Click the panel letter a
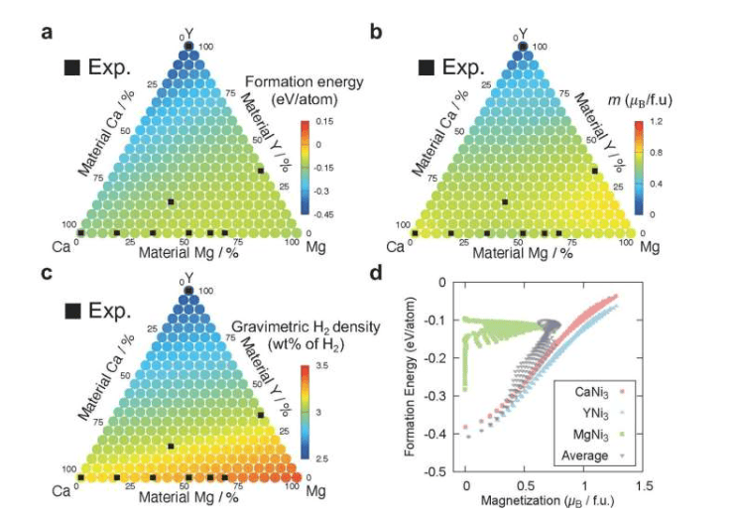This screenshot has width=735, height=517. [46, 31]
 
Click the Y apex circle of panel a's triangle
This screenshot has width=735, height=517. [188, 46]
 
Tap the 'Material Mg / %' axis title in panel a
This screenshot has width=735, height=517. [186, 252]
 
